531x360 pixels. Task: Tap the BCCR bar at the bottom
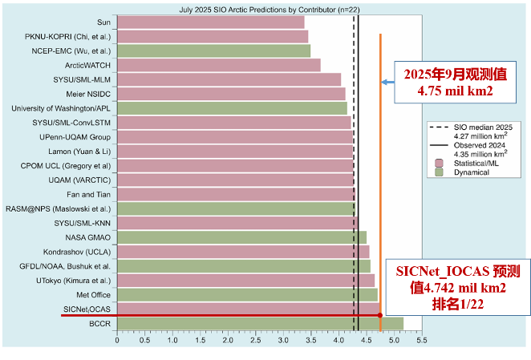[260, 323]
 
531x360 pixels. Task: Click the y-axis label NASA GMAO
[88, 237]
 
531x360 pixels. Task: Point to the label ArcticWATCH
[87, 65]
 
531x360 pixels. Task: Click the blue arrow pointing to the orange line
[387, 81]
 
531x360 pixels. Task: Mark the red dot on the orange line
[379, 315]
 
